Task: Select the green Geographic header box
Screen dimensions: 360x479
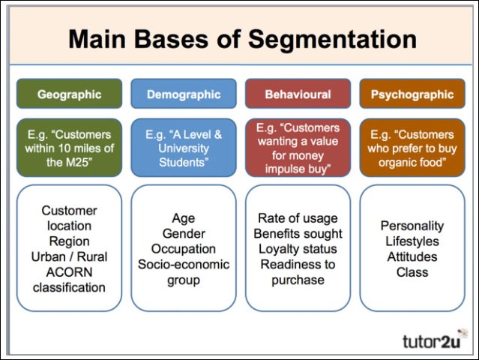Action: (69, 94)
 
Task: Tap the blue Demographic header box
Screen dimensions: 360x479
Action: (184, 94)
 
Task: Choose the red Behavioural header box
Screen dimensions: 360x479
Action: (298, 94)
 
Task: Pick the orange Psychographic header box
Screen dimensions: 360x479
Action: (412, 94)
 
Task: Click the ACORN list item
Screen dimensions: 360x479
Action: (69, 272)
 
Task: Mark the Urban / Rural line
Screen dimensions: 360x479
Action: (69, 256)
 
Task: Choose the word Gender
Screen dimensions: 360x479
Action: (184, 233)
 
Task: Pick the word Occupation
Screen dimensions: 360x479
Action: (184, 248)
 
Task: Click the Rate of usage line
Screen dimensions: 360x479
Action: (298, 218)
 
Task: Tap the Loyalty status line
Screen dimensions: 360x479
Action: (298, 249)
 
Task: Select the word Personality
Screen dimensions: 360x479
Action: (412, 226)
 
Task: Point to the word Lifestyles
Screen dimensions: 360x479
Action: (412, 241)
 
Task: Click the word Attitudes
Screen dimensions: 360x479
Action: (412, 256)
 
